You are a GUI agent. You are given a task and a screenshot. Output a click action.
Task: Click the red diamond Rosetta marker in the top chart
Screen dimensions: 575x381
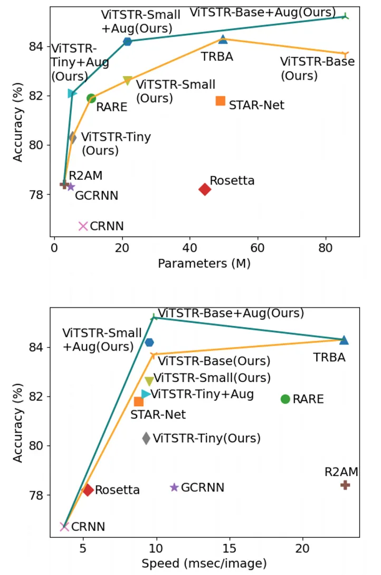[x=205, y=189]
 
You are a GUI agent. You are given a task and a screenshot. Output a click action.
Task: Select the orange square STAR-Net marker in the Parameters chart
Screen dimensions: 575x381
[x=221, y=101]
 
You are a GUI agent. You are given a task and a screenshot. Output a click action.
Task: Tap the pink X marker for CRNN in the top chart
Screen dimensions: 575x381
[x=83, y=226]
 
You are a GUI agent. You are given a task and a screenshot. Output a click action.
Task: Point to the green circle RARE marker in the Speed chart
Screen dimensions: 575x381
[x=285, y=399]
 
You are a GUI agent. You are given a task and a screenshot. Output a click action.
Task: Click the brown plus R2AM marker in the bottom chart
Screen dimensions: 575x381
[x=345, y=485]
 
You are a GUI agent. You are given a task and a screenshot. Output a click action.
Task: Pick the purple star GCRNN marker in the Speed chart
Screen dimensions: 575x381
[x=174, y=487]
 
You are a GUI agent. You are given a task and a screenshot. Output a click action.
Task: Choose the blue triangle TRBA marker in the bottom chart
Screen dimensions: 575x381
[x=344, y=340]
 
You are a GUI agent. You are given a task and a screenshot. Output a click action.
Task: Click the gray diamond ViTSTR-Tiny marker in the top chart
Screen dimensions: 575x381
[x=72, y=138]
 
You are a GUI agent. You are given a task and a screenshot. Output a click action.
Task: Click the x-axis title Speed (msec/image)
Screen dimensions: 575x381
[x=204, y=563]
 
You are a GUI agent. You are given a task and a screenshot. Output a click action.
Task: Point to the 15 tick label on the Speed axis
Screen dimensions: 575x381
[x=229, y=548]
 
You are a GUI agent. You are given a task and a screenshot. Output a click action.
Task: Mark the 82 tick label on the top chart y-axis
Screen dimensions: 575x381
[x=38, y=96]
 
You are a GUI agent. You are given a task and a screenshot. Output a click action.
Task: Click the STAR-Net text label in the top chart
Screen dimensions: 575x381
[x=256, y=105]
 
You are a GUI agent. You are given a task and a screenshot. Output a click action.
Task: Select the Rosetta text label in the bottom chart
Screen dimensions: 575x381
[x=117, y=490]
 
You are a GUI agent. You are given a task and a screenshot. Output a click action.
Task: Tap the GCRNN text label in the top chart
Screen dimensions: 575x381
[x=97, y=196]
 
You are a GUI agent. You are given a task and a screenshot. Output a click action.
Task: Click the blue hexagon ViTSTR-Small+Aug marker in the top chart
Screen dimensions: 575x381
[x=127, y=41]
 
